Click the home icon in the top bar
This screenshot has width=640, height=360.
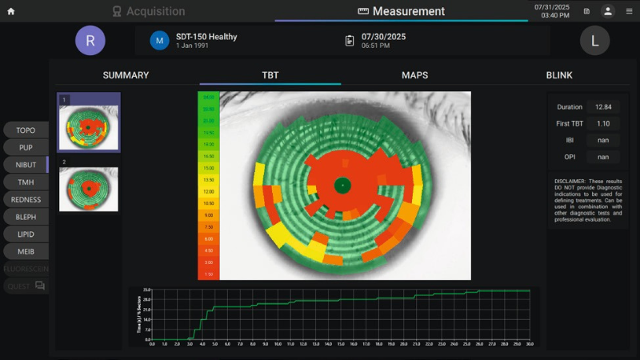[10, 11]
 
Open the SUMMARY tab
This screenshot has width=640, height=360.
[126, 75]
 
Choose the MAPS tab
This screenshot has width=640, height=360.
[414, 75]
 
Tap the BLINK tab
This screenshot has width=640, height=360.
[559, 75]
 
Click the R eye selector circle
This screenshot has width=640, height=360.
[90, 40]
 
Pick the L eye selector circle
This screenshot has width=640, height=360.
[594, 40]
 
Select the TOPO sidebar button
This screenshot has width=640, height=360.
[26, 130]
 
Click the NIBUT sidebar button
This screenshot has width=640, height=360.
[26, 165]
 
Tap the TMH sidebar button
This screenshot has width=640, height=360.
[26, 182]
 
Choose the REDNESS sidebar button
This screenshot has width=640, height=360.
[26, 199]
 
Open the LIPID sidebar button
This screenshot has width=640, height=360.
[26, 234]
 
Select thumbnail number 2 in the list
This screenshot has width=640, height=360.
[89, 190]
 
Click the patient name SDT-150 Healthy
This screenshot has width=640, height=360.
[206, 37]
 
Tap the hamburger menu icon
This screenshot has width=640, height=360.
[629, 11]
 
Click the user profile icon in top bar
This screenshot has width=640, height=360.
[608, 11]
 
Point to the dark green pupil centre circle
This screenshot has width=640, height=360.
[342, 185]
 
